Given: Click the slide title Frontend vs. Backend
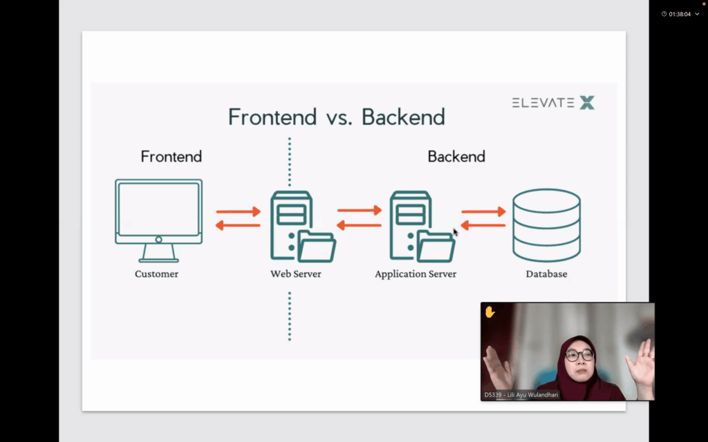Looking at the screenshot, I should (336, 117).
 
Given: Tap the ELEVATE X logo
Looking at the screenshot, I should (553, 103).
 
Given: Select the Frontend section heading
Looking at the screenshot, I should (171, 157).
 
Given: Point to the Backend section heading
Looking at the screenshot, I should (456, 157).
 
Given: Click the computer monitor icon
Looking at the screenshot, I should (158, 211).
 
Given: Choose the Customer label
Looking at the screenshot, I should (156, 274).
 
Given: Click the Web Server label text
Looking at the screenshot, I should (296, 274).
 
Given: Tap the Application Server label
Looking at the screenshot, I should (416, 274).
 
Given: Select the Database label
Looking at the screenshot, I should (546, 274).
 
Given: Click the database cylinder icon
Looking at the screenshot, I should (546, 224).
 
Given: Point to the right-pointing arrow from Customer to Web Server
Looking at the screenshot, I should (239, 212).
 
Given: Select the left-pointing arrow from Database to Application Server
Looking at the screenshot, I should (483, 225).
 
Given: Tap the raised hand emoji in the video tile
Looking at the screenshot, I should (490, 312).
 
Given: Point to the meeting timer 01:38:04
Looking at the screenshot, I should (680, 14).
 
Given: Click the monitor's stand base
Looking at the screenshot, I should (158, 259).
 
